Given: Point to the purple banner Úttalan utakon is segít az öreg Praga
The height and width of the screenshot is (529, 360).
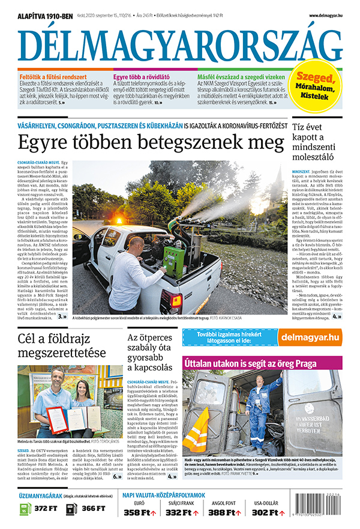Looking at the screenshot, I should [262, 362].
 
